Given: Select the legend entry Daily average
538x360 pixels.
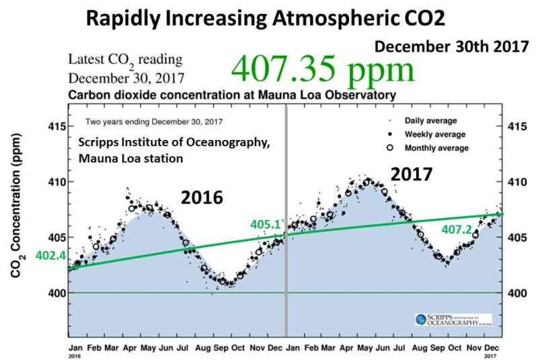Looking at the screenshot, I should [430, 121].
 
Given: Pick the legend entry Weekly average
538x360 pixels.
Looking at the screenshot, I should [432, 134].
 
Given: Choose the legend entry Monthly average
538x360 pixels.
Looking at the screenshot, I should [435, 147].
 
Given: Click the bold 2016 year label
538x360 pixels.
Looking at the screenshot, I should [201, 197].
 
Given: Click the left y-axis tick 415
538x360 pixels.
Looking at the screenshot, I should [56, 127].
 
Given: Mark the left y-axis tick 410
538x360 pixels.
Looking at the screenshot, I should [56, 182].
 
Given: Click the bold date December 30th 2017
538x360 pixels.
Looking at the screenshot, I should [450, 47].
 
